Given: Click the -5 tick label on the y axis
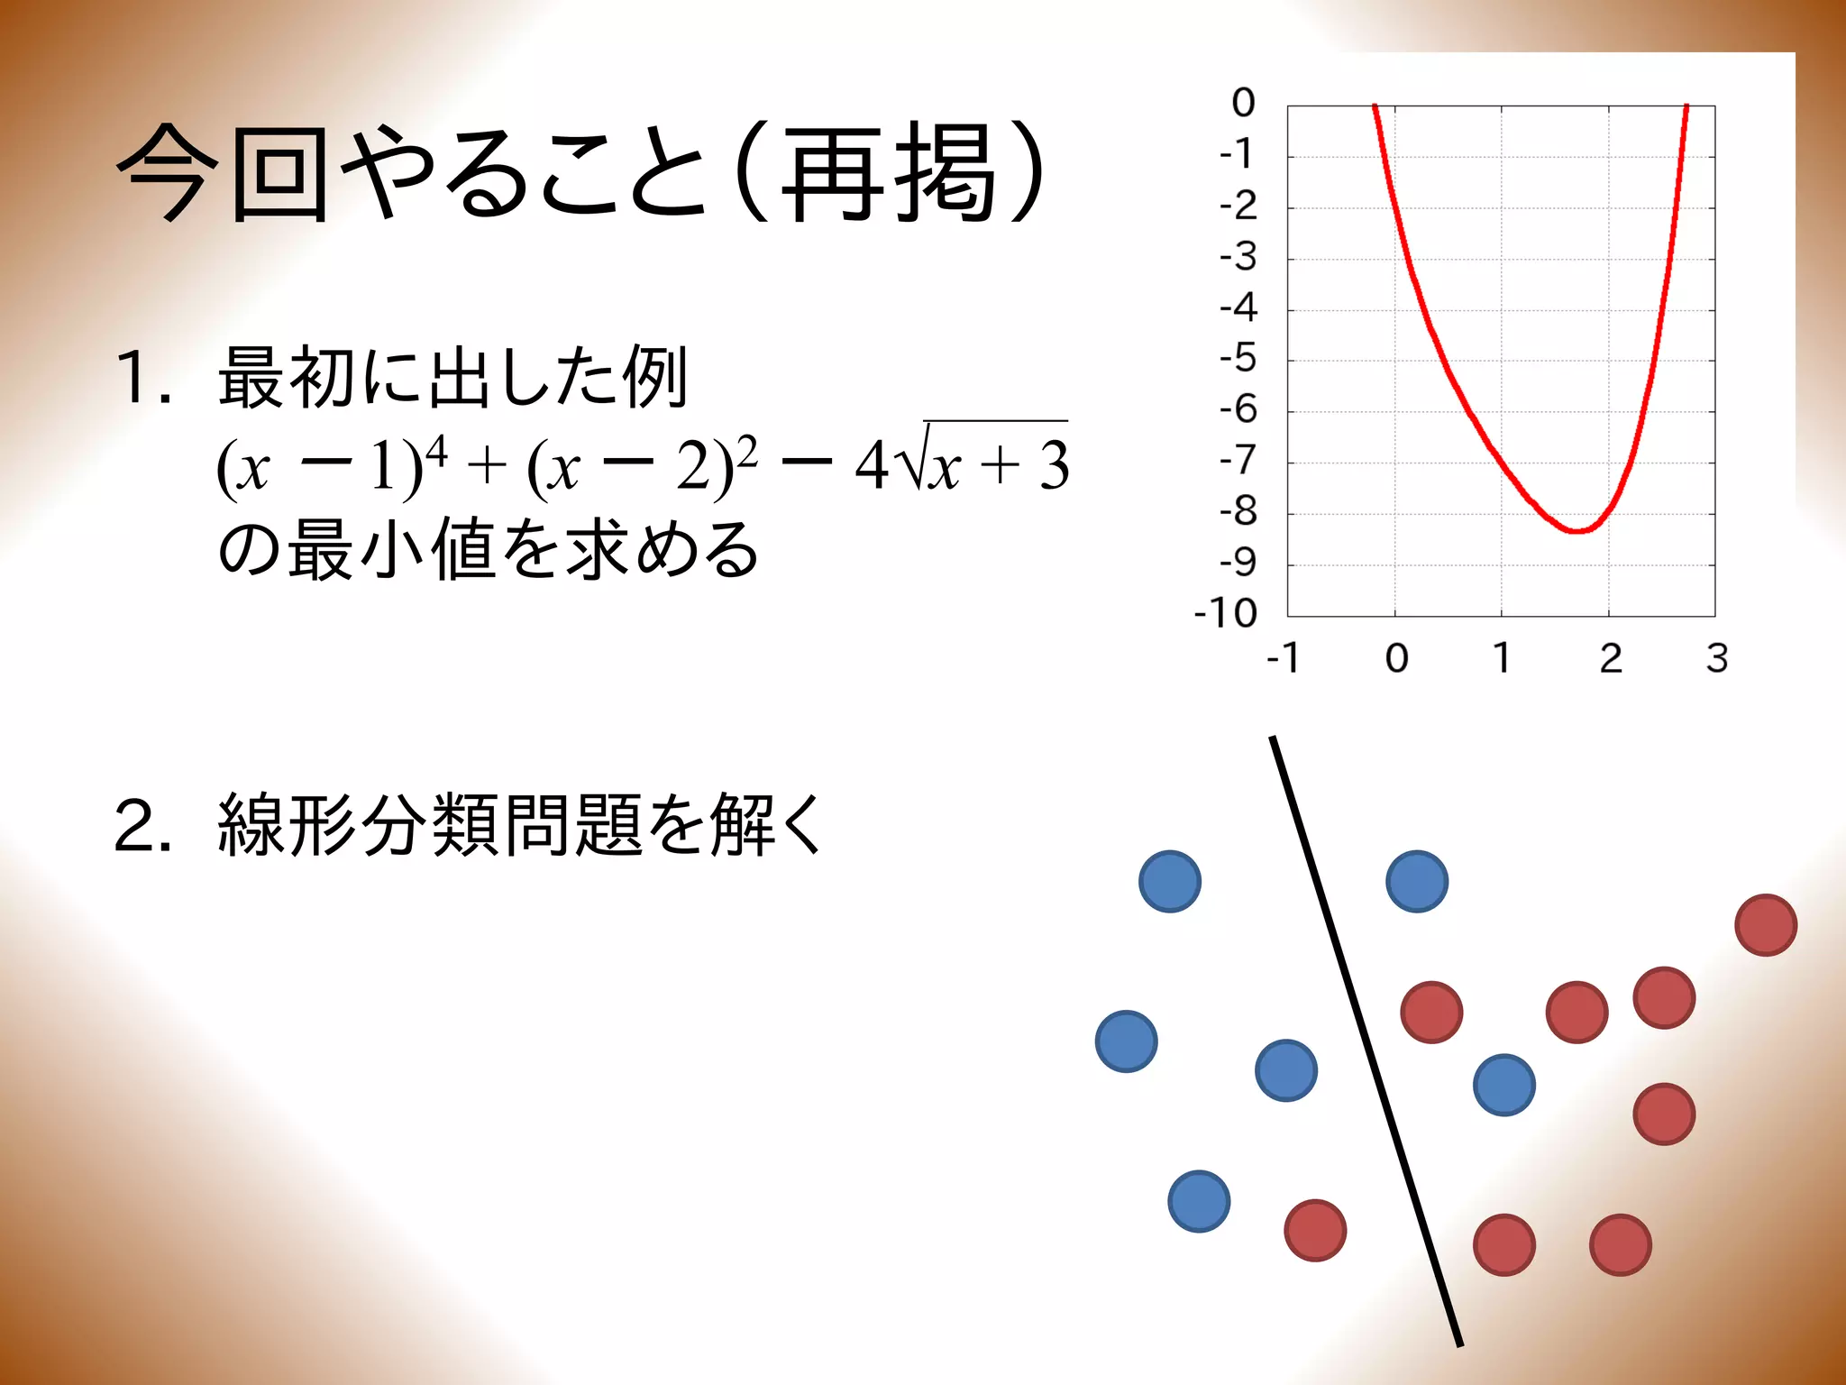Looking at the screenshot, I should [1238, 359].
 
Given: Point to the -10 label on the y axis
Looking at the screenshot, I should [1225, 613].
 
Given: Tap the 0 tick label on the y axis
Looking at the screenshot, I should [1243, 103].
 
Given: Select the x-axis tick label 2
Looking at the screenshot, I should [1611, 658].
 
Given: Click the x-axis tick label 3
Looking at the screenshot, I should [1717, 658].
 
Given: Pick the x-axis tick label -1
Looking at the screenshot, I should [1283, 658].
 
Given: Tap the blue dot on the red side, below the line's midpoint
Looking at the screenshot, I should [1503, 1085].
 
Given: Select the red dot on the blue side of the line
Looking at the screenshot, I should [1315, 1230].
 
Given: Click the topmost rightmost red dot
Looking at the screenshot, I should [1766, 924].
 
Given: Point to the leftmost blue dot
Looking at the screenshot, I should [1126, 1041].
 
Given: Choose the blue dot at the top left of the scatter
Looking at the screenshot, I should [1170, 881].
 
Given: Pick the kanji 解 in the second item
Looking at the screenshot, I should [741, 824].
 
